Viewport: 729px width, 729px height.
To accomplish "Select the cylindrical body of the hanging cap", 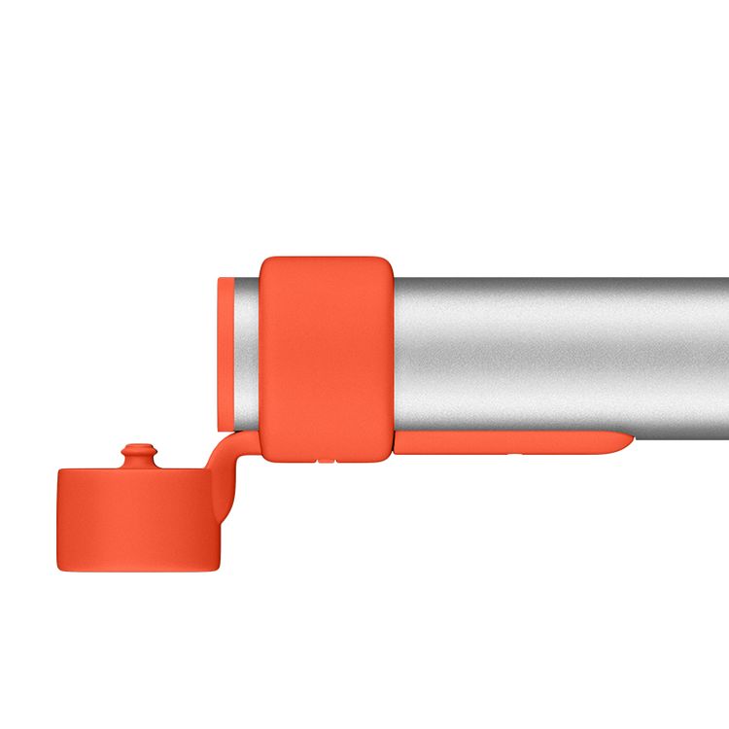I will pyautogui.click(x=136, y=515).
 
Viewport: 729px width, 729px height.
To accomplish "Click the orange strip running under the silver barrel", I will pyautogui.click(x=505, y=443).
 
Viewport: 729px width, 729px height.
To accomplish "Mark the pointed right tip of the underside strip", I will pyautogui.click(x=627, y=443).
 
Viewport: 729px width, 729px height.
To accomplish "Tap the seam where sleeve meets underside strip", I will pyautogui.click(x=393, y=443).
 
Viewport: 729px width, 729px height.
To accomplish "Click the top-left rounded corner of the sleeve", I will pyautogui.click(x=267, y=264).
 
